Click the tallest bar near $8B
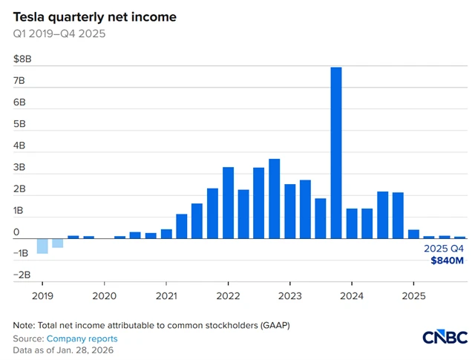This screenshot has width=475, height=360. (336, 152)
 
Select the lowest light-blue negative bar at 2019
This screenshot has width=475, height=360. (42, 246)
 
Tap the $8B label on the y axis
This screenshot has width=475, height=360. (22, 59)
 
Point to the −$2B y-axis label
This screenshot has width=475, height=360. (22, 275)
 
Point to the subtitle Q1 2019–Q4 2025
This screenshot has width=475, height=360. (60, 33)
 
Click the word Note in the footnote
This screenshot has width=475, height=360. (24, 326)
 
